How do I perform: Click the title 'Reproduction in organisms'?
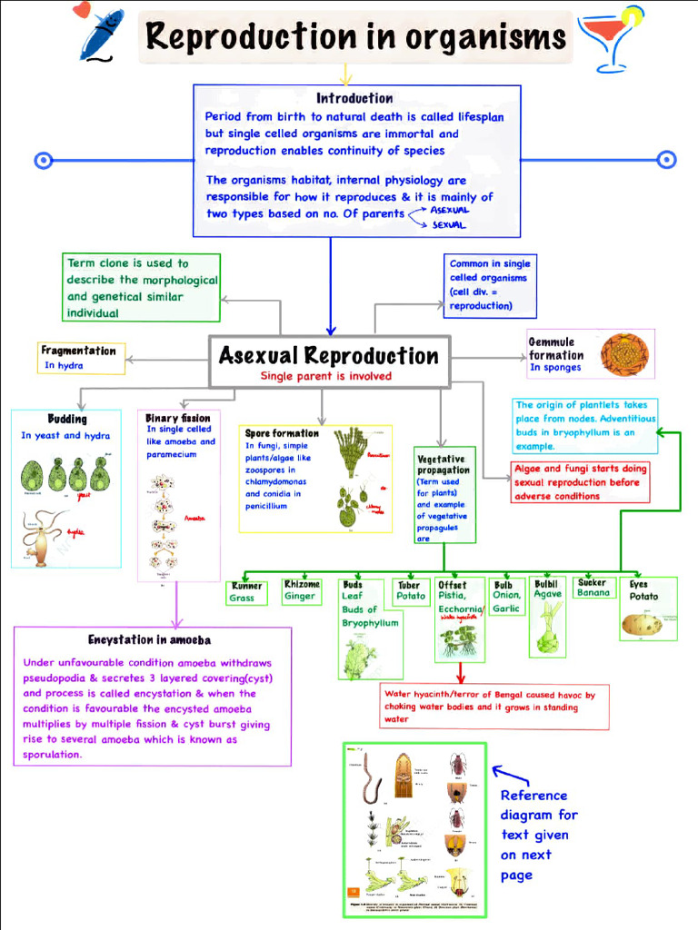pyautogui.click(x=355, y=37)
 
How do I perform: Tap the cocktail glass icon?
pyautogui.click(x=612, y=38)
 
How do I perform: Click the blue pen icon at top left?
pyautogui.click(x=100, y=34)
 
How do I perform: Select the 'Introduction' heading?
pyautogui.click(x=354, y=98)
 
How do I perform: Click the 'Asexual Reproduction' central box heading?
pyautogui.click(x=328, y=355)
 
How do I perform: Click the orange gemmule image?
pyautogui.click(x=624, y=353)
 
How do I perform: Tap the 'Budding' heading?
pyautogui.click(x=67, y=420)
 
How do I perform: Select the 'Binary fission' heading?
pyautogui.click(x=178, y=418)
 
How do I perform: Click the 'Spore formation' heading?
pyautogui.click(x=282, y=433)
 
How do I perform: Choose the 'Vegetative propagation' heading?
pyautogui.click(x=444, y=464)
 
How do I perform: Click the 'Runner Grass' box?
pyautogui.click(x=246, y=592)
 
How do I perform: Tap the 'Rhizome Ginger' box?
pyautogui.click(x=301, y=590)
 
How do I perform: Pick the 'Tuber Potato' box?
pyautogui.click(x=411, y=590)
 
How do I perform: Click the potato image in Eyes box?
pyautogui.click(x=642, y=623)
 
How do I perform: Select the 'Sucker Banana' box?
pyautogui.click(x=593, y=588)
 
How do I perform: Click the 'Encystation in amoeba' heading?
pyautogui.click(x=149, y=639)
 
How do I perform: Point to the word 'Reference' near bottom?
pyautogui.click(x=533, y=795)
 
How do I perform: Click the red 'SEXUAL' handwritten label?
pyautogui.click(x=449, y=225)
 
